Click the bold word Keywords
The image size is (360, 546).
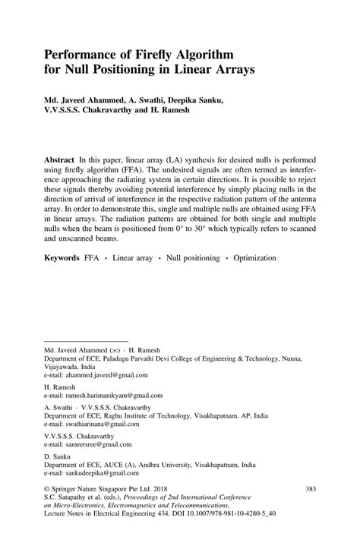tap(62, 258)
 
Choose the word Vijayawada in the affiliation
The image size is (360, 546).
tap(64, 365)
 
